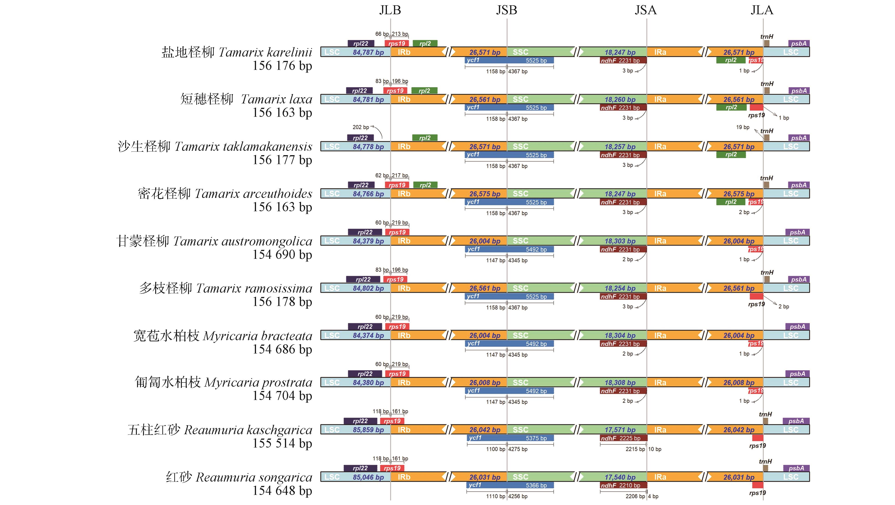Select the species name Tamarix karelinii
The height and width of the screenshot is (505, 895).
tap(265, 52)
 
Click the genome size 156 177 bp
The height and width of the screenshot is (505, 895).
tap(282, 160)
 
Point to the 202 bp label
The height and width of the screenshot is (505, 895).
tap(361, 127)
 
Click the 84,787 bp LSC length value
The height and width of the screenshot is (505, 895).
tap(368, 52)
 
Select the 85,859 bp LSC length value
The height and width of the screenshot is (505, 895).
tap(368, 430)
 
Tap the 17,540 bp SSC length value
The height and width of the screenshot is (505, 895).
tap(620, 477)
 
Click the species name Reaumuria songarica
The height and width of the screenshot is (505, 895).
tap(254, 477)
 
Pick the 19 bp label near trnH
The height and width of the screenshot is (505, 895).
tap(743, 127)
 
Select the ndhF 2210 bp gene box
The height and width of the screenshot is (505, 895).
tap(623, 485)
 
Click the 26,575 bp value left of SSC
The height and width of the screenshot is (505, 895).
tap(485, 194)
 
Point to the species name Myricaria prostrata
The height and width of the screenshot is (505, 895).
tap(258, 382)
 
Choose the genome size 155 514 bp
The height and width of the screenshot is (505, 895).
tap(282, 443)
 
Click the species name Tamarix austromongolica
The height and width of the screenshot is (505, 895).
tap(242, 241)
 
